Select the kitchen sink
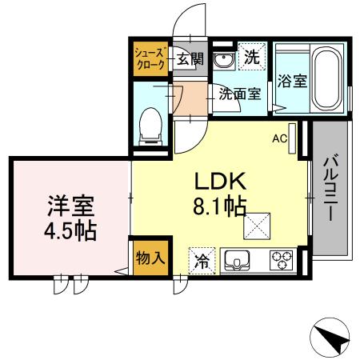(239, 259)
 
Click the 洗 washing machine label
(250, 58)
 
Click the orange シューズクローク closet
(150, 58)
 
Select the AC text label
(278, 138)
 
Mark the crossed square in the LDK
(258, 228)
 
